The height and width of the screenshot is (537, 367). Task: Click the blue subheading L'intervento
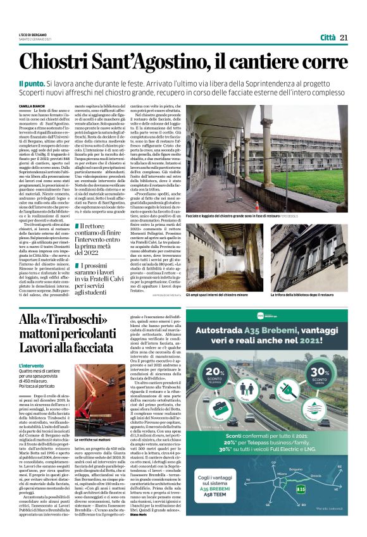pyautogui.click(x=32, y=366)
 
